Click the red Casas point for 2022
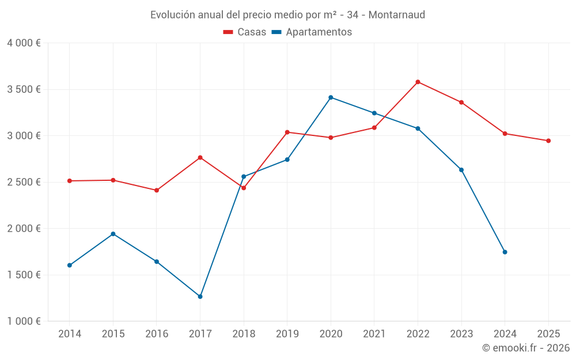click(418, 82)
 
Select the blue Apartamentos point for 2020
click(331, 97)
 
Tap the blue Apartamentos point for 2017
click(200, 297)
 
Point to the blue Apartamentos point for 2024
click(505, 252)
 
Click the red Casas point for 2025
click(548, 141)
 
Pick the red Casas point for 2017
click(200, 157)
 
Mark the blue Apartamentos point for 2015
click(113, 234)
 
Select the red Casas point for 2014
click(70, 181)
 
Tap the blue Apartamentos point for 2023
click(461, 170)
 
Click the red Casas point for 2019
click(287, 132)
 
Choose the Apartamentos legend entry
click(312, 32)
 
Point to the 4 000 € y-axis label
click(24, 43)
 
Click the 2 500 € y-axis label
click(24, 182)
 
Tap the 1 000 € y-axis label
click(24, 321)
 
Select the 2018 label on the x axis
click(244, 334)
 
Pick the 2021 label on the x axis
click(374, 334)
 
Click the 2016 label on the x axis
click(157, 334)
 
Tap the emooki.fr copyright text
click(525, 348)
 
